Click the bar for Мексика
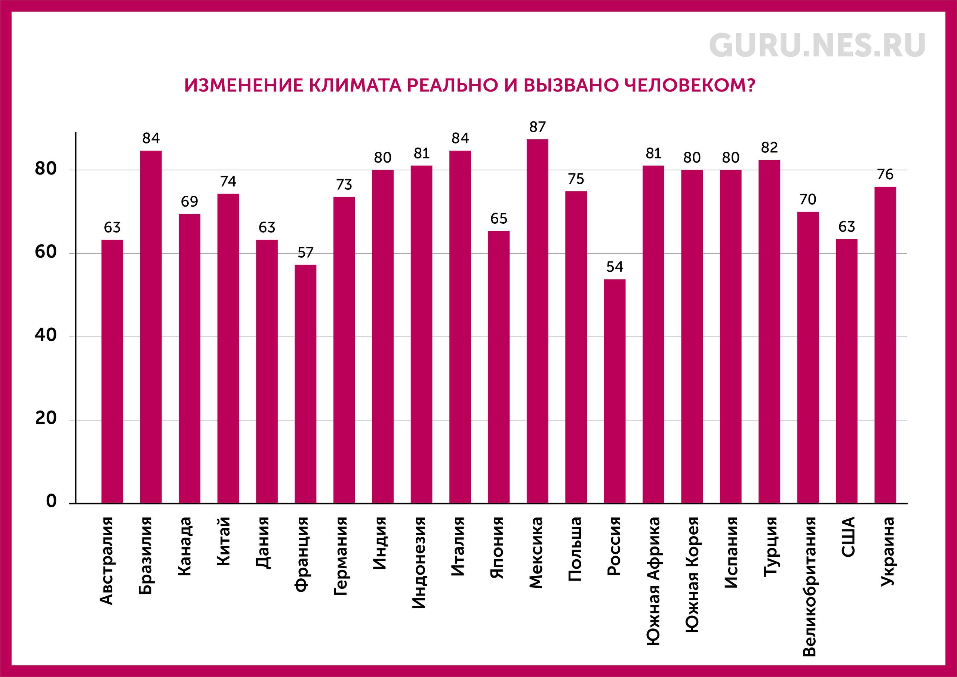(537, 321)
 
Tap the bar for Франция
(305, 384)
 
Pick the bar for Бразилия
(151, 327)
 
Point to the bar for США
(846, 371)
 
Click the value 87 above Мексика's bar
(537, 127)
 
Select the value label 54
(615, 267)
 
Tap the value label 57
(305, 252)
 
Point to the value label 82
(769, 148)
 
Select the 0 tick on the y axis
(51, 501)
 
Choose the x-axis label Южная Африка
(653, 581)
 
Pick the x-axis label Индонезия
(419, 563)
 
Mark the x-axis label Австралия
(107, 561)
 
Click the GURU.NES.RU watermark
(817, 46)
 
